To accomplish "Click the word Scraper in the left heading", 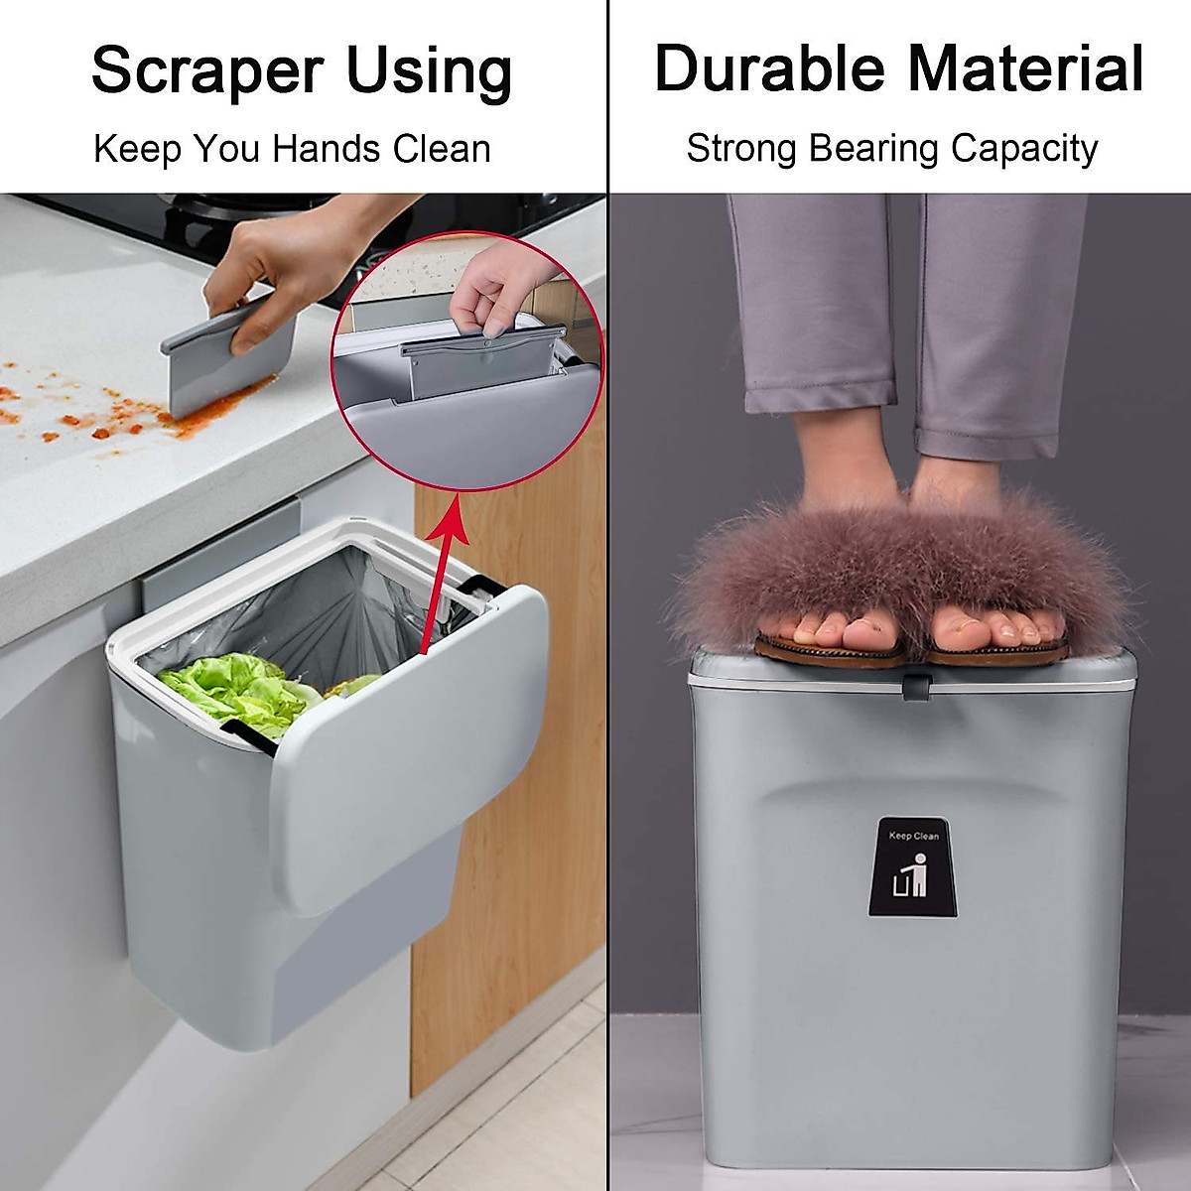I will [207, 72].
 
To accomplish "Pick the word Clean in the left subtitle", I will [442, 149].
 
